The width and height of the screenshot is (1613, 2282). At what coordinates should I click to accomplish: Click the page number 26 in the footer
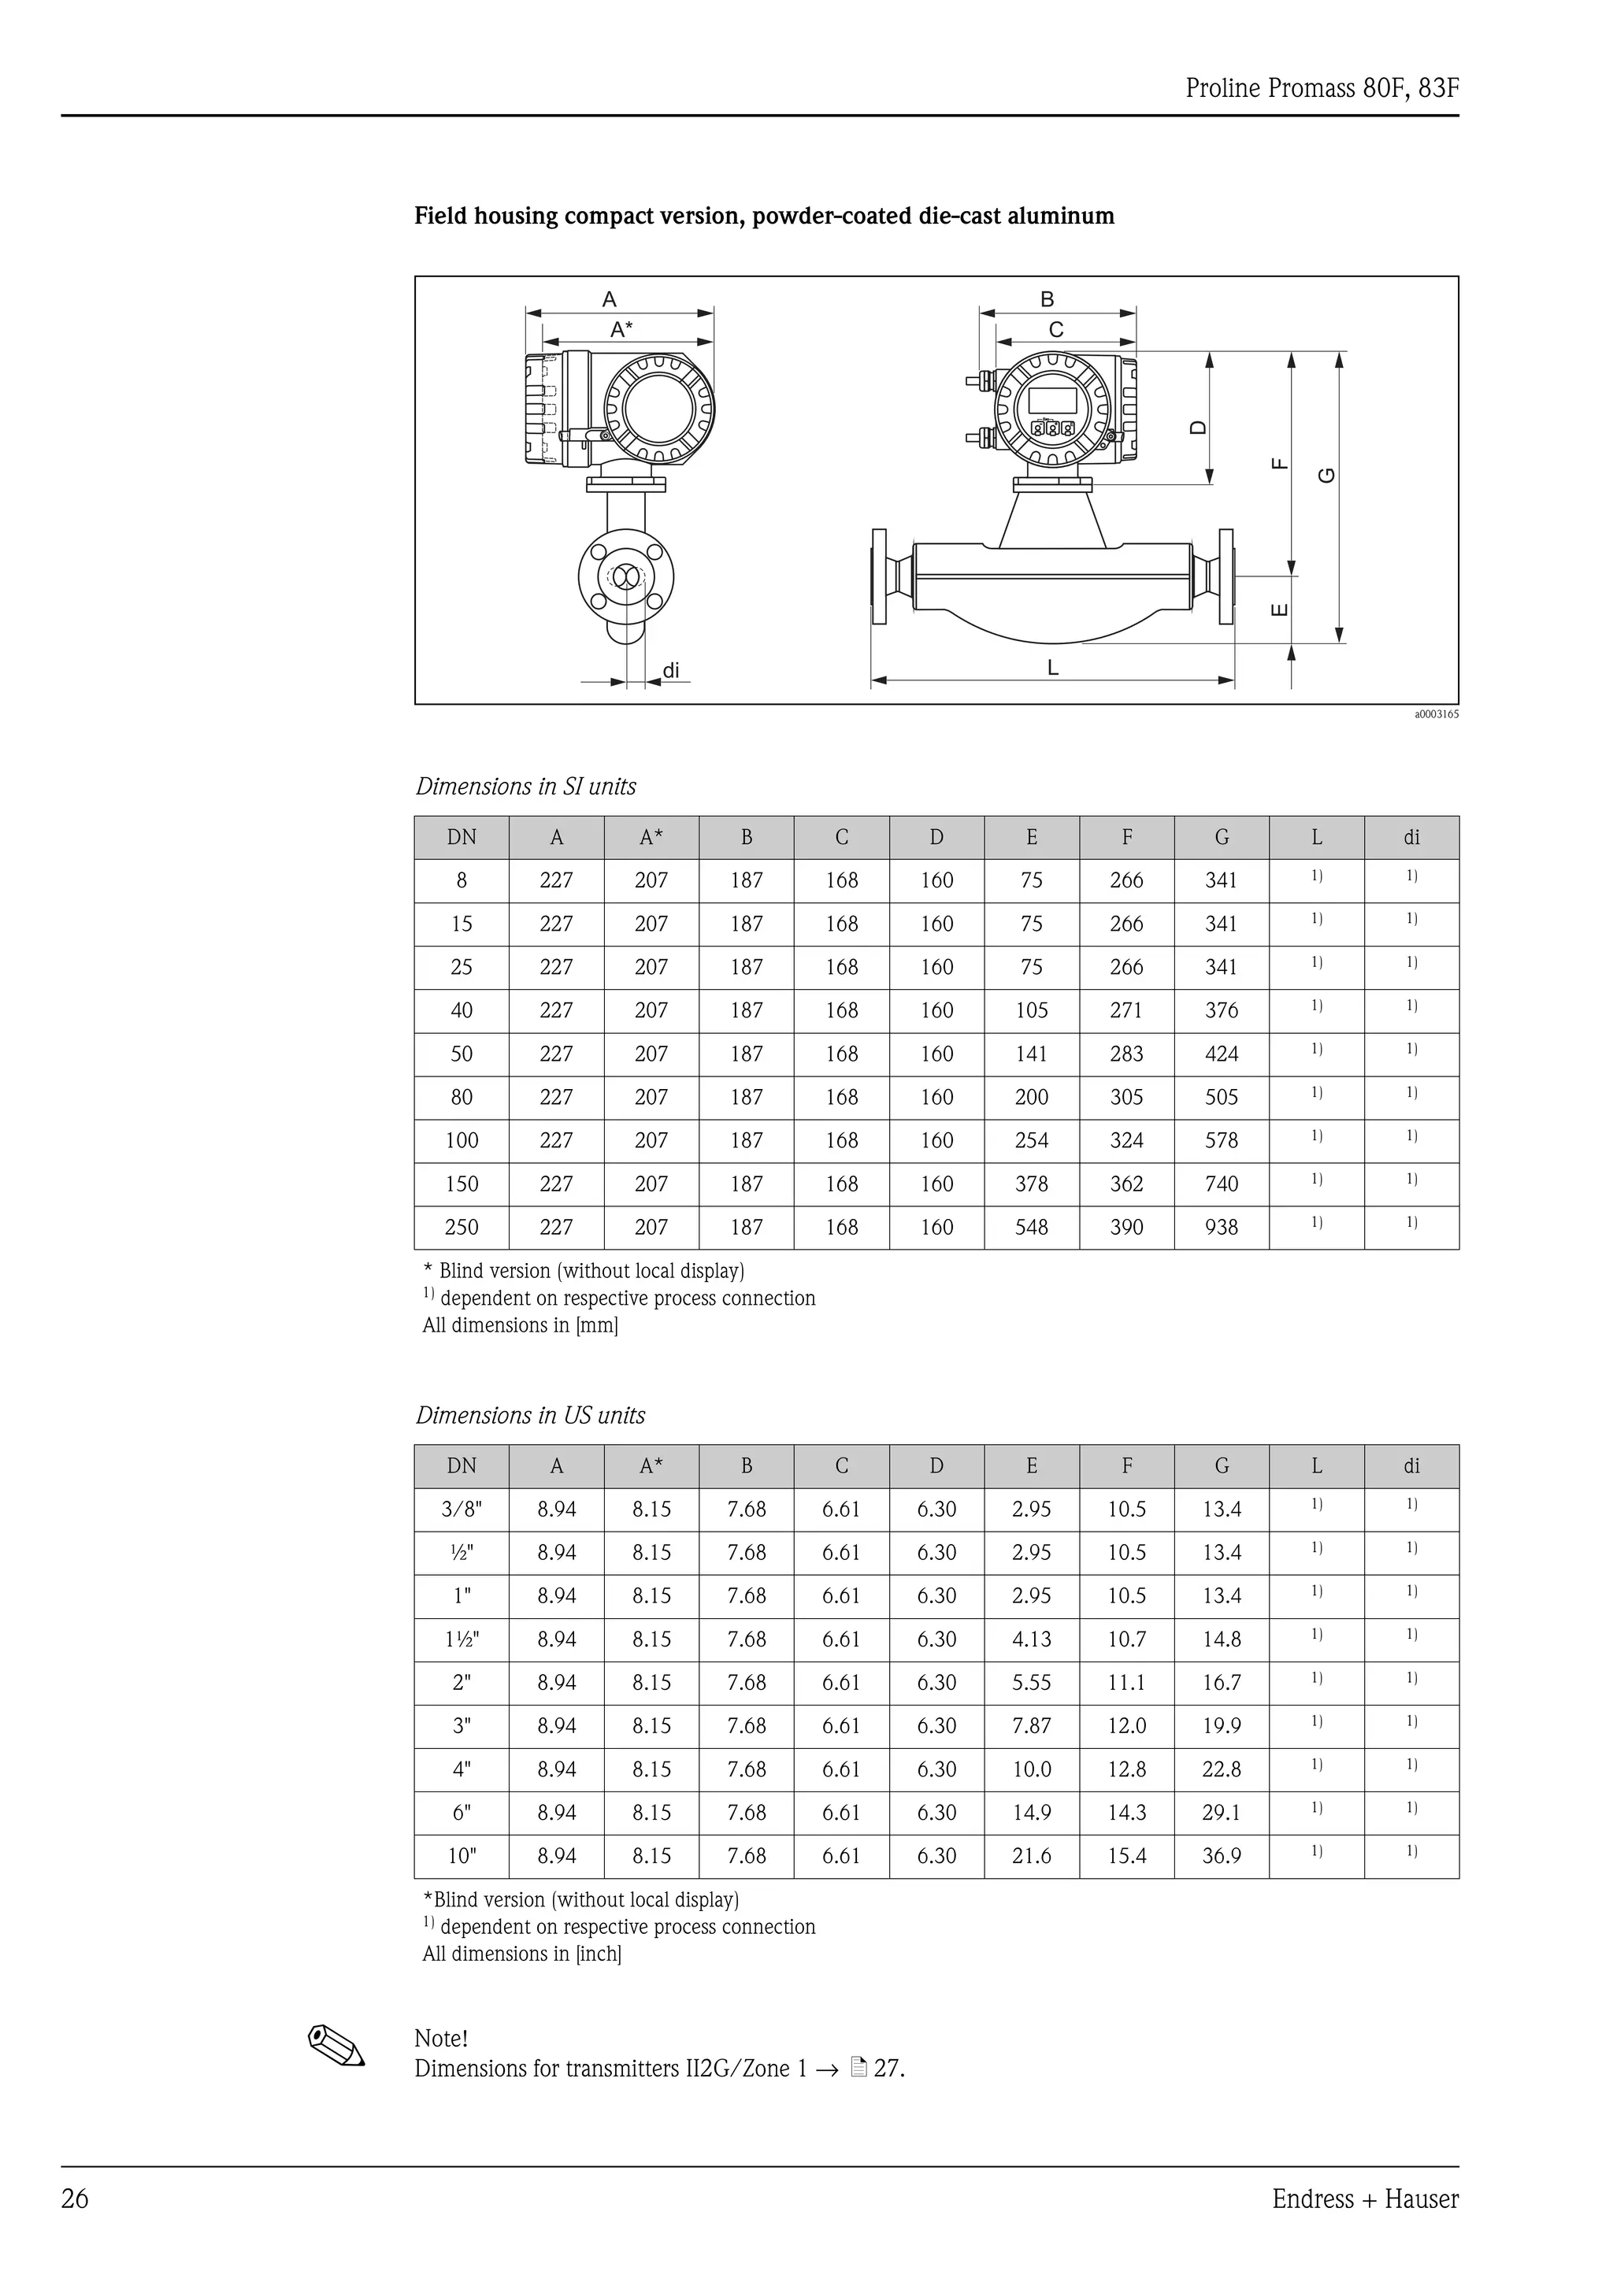pyautogui.click(x=75, y=2199)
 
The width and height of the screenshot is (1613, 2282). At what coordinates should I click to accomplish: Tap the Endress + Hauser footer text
pyautogui.click(x=1365, y=2199)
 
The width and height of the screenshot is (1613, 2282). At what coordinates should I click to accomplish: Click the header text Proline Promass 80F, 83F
pyautogui.click(x=1321, y=88)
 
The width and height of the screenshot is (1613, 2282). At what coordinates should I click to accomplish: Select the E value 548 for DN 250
pyautogui.click(x=1031, y=1228)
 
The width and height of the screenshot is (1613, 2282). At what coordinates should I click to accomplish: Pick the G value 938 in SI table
pyautogui.click(x=1221, y=1228)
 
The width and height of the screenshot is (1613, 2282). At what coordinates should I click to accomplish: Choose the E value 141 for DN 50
pyautogui.click(x=1031, y=1054)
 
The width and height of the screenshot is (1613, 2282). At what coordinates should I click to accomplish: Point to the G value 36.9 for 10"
pyautogui.click(x=1221, y=1857)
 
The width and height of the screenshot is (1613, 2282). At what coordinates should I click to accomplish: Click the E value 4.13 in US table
pyautogui.click(x=1031, y=1639)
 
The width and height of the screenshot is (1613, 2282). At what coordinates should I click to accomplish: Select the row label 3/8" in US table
pyautogui.click(x=462, y=1510)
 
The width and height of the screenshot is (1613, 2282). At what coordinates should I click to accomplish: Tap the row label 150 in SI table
pyautogui.click(x=462, y=1184)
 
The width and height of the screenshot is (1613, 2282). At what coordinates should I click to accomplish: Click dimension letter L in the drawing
pyautogui.click(x=1052, y=668)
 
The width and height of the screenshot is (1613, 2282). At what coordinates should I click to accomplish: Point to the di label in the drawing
pyautogui.click(x=672, y=671)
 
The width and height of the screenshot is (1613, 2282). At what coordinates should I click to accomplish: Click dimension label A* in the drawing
pyautogui.click(x=621, y=329)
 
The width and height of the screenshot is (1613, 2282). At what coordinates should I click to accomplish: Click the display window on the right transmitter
pyautogui.click(x=1052, y=399)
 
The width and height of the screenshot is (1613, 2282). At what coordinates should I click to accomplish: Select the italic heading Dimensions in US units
pyautogui.click(x=530, y=1415)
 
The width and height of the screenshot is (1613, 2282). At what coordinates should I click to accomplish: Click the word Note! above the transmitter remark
pyautogui.click(x=440, y=2039)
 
